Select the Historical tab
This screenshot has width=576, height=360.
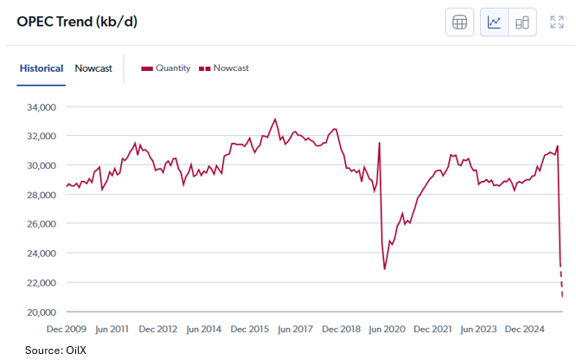click(x=41, y=68)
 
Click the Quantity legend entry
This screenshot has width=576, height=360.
click(x=166, y=68)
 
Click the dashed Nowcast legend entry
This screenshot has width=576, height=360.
click(x=224, y=68)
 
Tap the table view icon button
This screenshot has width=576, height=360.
click(x=460, y=22)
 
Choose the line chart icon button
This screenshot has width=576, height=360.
click(x=495, y=22)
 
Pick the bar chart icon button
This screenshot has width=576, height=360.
click(x=522, y=22)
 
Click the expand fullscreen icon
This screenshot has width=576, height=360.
click(x=557, y=22)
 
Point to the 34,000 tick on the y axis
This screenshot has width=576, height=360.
click(x=39, y=107)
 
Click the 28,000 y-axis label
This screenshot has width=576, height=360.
click(x=39, y=195)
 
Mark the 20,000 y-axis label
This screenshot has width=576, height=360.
click(x=39, y=312)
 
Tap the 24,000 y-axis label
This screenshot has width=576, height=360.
click(x=39, y=254)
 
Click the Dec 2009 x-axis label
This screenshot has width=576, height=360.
click(x=67, y=329)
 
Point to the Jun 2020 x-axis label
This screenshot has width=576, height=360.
click(x=386, y=329)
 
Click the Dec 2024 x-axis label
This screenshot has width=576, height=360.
click(x=522, y=329)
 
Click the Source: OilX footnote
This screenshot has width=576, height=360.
click(x=55, y=350)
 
